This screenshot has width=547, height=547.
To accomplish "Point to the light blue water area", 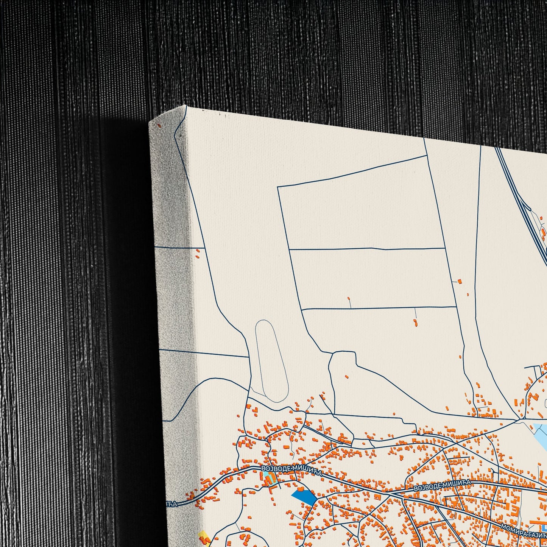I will [x=541, y=435].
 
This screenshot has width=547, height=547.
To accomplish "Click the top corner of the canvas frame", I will [x=185, y=106].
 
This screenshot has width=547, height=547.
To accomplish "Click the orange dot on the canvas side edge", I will [x=159, y=125].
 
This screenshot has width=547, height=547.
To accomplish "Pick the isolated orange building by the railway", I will [x=460, y=281].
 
